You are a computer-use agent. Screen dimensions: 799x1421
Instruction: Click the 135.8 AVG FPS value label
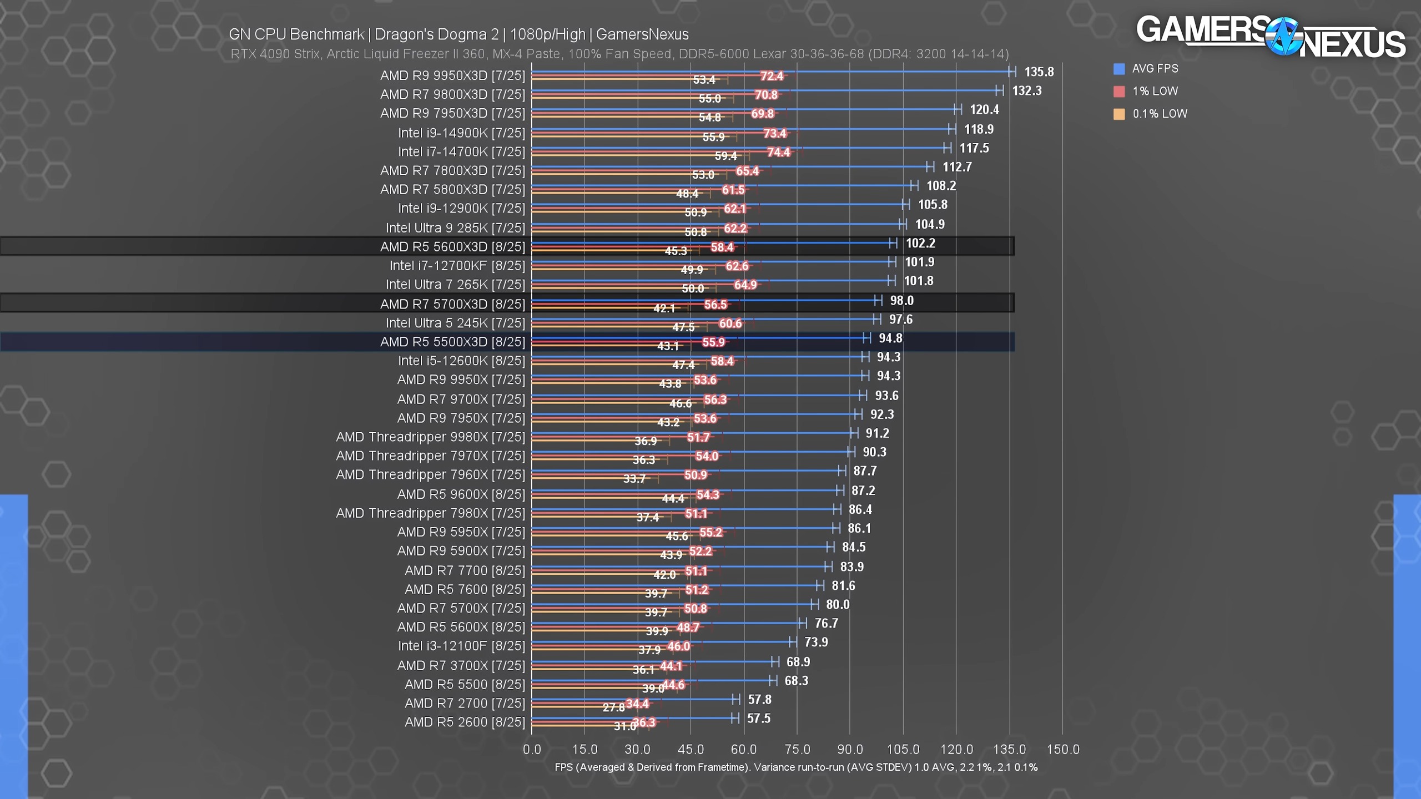click(1039, 72)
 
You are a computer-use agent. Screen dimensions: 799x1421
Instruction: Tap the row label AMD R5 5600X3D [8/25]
click(452, 247)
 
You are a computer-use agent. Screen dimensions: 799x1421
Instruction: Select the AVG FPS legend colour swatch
click(1119, 69)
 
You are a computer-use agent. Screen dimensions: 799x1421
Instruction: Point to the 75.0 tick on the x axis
click(797, 750)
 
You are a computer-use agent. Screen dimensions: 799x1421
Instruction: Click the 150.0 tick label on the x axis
click(1062, 750)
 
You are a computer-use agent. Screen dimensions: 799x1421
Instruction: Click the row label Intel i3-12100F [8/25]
click(461, 646)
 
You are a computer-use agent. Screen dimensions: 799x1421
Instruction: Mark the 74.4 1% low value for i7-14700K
click(778, 152)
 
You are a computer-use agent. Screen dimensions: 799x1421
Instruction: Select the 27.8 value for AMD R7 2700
click(613, 707)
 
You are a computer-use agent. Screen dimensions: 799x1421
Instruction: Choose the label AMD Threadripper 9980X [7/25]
click(430, 437)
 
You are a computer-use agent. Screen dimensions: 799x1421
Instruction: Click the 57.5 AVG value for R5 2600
click(759, 719)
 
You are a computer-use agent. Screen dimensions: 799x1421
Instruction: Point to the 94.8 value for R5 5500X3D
click(890, 338)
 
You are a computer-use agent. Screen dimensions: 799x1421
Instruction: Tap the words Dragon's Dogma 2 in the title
click(436, 34)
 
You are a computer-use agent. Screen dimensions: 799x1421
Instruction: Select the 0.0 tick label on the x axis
click(532, 750)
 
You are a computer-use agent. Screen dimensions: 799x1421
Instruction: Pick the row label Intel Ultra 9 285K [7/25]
click(455, 228)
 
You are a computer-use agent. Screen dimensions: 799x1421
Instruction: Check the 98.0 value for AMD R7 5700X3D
click(901, 301)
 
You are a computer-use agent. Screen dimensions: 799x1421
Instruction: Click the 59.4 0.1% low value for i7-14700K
click(725, 156)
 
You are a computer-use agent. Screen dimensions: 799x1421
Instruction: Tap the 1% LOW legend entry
click(1155, 91)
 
